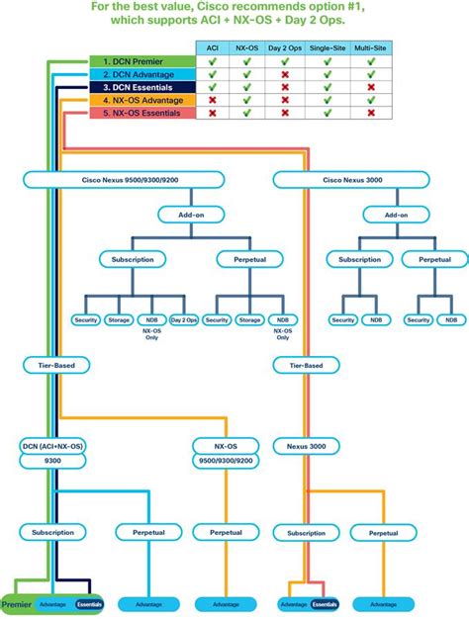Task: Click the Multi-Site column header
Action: (x=371, y=47)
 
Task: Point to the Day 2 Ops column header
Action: (x=286, y=47)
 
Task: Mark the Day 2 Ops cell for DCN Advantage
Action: (x=286, y=75)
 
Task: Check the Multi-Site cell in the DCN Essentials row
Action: (x=371, y=88)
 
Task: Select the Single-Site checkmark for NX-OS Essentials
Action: (x=328, y=114)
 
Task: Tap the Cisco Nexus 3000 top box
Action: (x=338, y=180)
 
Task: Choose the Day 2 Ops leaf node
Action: (x=183, y=319)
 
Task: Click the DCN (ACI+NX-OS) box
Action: (x=53, y=447)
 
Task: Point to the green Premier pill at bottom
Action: (x=17, y=603)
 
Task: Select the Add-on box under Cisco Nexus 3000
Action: (x=396, y=214)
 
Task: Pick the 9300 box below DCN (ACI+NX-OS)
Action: (x=53, y=461)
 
